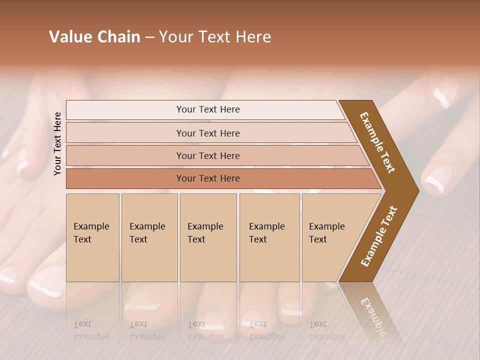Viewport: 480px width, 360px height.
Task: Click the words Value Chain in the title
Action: [94, 37]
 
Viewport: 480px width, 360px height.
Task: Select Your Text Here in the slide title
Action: [215, 37]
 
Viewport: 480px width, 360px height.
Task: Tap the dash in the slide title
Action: [149, 37]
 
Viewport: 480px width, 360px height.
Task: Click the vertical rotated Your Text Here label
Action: [57, 143]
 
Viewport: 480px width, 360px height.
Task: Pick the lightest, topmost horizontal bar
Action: [207, 109]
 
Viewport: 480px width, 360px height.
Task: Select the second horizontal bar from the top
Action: [207, 133]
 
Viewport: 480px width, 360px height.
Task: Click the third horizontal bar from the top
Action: [207, 155]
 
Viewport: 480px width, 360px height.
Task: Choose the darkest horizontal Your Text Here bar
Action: [207, 178]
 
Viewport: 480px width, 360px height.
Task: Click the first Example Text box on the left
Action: [92, 237]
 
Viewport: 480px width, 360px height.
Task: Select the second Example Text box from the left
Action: [149, 237]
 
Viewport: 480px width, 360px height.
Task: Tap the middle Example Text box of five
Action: [207, 237]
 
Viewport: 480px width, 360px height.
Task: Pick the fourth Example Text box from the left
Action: [269, 237]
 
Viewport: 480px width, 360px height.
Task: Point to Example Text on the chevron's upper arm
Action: [377, 142]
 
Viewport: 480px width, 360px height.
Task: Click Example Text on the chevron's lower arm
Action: [378, 236]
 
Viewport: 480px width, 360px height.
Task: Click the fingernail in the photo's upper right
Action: [441, 98]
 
